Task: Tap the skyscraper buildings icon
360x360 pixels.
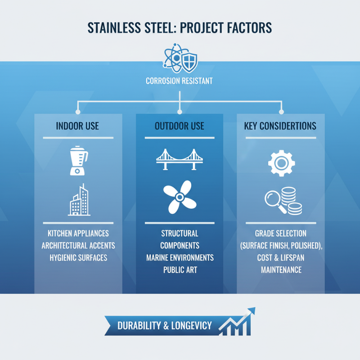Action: point(78,200)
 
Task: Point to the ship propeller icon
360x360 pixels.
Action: point(180,197)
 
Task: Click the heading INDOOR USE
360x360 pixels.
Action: point(78,126)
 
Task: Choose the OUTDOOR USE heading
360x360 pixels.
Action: point(180,126)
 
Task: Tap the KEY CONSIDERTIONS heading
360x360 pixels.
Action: point(280,126)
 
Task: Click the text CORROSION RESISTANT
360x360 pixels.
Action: point(180,81)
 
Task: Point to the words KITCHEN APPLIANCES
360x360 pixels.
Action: point(78,234)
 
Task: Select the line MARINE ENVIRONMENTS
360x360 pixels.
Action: point(180,258)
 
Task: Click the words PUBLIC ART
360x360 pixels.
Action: point(180,270)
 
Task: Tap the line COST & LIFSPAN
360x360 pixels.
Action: point(281,258)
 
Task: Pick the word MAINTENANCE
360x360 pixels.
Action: point(281,270)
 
